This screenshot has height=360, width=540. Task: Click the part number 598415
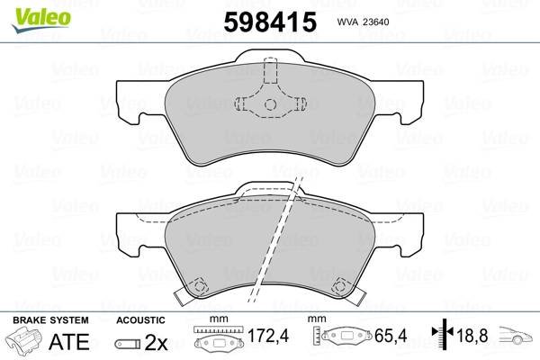click(270, 22)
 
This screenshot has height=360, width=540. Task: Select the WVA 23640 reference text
click(363, 22)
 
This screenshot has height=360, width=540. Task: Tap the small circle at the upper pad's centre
click(270, 104)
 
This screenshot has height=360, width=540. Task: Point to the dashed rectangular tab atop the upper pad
click(270, 70)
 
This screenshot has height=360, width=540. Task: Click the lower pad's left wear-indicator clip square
click(199, 285)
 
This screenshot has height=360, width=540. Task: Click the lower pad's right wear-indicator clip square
click(340, 285)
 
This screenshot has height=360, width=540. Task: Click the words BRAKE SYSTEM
click(50, 320)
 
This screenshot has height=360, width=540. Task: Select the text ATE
click(69, 342)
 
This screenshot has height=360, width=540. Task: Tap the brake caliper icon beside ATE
click(24, 341)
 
